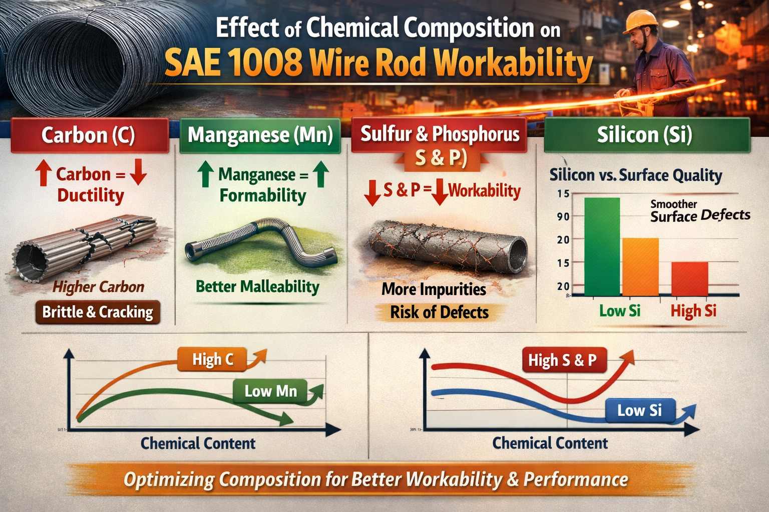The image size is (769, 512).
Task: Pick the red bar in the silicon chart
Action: [x=689, y=278]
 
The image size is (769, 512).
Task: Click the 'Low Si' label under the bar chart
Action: [x=620, y=311]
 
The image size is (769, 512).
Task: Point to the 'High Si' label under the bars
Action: [x=693, y=311]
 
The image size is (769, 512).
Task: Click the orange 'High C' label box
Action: [x=213, y=359]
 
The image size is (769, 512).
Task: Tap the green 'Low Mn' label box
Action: [x=271, y=391]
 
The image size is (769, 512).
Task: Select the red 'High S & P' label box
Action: [x=563, y=360]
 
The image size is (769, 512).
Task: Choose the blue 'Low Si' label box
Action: [x=639, y=410]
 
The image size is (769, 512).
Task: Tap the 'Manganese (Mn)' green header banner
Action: [x=260, y=135]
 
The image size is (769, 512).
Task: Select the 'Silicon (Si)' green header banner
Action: [x=646, y=135]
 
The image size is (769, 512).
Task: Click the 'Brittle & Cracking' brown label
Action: [x=98, y=312]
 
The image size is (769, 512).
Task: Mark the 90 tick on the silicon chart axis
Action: [x=563, y=216]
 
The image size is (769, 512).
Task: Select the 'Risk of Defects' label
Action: [x=439, y=312]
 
